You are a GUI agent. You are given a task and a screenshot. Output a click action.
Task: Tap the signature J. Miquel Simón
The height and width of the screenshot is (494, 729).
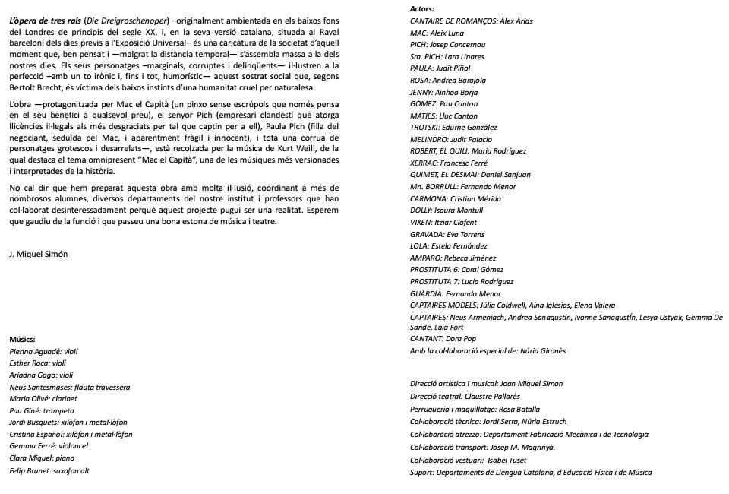tap(38, 254)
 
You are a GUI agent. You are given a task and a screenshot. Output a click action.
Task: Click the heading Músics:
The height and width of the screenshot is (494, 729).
tap(23, 340)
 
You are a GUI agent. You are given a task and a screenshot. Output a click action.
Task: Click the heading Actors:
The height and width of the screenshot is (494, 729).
tap(422, 8)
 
